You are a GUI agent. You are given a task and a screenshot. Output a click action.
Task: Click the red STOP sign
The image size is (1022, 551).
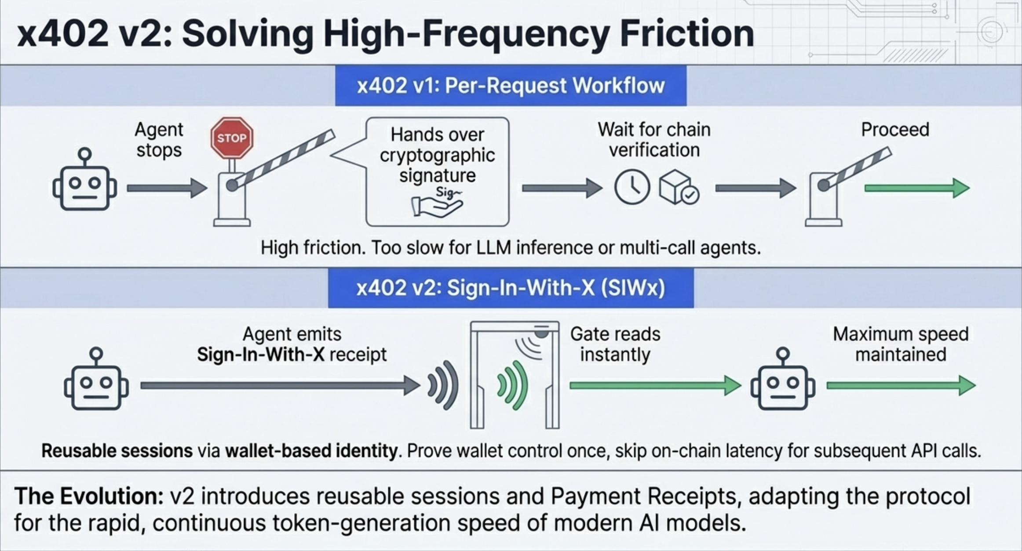click(232, 138)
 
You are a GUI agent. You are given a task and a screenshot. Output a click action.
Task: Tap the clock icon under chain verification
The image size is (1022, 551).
click(632, 187)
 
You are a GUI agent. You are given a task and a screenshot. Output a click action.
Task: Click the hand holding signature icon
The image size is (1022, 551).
click(437, 203)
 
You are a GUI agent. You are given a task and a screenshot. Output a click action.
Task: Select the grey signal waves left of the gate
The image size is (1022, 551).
click(443, 385)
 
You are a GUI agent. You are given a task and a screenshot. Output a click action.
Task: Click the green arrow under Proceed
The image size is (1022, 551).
click(917, 188)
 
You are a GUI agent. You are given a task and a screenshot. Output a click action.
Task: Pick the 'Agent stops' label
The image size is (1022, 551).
click(159, 140)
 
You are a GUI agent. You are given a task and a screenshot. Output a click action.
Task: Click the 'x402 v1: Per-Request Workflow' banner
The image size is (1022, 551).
click(511, 85)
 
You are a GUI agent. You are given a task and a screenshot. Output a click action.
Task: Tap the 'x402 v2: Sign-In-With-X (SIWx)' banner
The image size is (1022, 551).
click(511, 288)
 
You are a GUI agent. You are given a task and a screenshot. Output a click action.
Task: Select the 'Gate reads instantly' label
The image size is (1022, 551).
click(615, 344)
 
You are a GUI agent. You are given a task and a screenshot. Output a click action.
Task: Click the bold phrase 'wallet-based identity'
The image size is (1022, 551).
click(311, 451)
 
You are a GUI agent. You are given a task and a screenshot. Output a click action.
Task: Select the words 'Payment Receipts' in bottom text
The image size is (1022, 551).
click(643, 497)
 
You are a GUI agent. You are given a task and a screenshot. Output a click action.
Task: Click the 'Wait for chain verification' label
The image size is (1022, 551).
click(654, 140)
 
